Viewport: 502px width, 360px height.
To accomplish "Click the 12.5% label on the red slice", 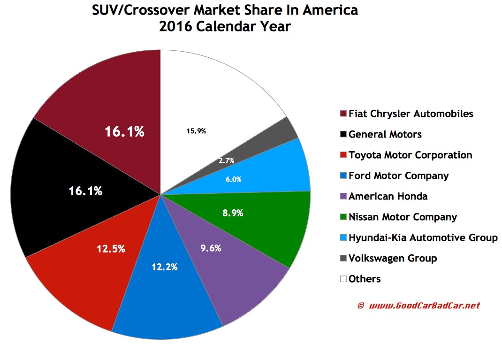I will [x=112, y=249].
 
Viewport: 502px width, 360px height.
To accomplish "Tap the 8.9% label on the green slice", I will [x=233, y=213].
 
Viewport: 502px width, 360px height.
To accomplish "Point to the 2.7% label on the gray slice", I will [x=226, y=161].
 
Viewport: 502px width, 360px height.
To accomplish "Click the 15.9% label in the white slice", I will [x=196, y=131].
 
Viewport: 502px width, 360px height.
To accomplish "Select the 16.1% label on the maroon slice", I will [x=124, y=132].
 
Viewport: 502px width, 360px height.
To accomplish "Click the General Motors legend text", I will [x=385, y=134].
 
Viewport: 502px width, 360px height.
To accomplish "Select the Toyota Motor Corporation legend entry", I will [x=410, y=155].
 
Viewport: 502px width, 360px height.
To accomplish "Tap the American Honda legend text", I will [x=388, y=196].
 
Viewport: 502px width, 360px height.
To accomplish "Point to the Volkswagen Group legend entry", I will [x=392, y=258].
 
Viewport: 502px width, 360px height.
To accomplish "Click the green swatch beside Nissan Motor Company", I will [x=343, y=217].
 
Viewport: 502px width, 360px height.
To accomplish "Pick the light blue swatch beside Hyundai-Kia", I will [x=343, y=238].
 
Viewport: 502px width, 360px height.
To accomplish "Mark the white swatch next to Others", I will [x=343, y=279].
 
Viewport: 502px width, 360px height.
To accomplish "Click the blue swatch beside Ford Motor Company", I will [x=343, y=176].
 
